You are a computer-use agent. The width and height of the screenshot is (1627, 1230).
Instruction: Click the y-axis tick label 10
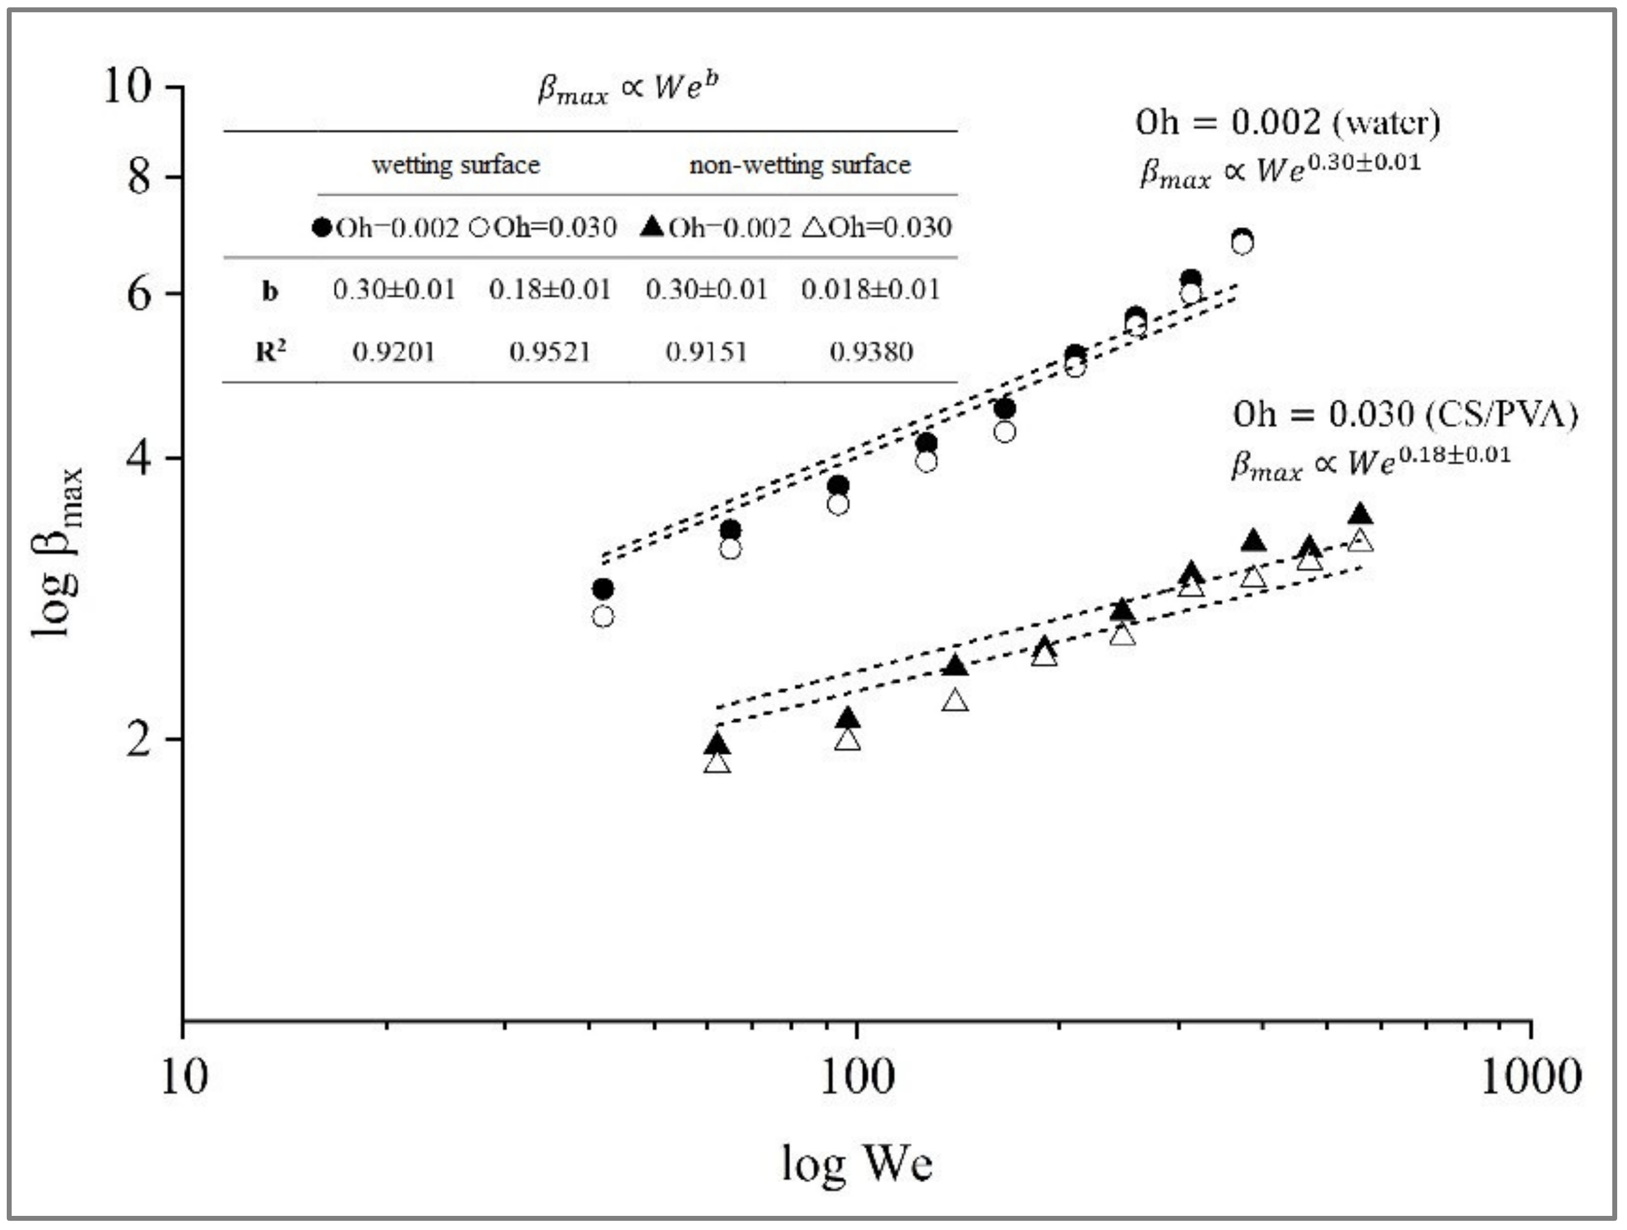click(x=127, y=86)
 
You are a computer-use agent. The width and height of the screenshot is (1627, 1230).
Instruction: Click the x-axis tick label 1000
click(x=1530, y=1077)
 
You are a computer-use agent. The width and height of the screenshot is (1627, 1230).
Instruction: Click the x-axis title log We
click(x=857, y=1164)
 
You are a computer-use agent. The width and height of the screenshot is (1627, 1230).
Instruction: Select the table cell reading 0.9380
click(x=871, y=352)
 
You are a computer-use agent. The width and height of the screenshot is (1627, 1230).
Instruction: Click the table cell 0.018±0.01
click(x=871, y=290)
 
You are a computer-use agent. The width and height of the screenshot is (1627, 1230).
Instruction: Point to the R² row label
click(x=270, y=352)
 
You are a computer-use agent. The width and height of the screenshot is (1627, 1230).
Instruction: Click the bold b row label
click(x=270, y=292)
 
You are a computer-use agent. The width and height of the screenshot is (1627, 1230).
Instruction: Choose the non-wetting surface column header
click(x=799, y=164)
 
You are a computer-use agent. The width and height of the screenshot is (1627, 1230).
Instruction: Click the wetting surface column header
click(x=455, y=164)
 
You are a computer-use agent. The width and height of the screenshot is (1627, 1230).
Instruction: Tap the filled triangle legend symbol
click(x=652, y=226)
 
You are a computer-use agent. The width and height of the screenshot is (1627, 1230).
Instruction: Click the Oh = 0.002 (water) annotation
click(x=1287, y=122)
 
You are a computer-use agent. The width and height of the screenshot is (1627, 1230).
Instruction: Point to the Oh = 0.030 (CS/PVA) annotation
click(x=1405, y=414)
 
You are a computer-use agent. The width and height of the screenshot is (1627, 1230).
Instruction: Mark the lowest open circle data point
click(x=602, y=616)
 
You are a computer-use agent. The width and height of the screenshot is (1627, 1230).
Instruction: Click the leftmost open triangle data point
click(x=717, y=763)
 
